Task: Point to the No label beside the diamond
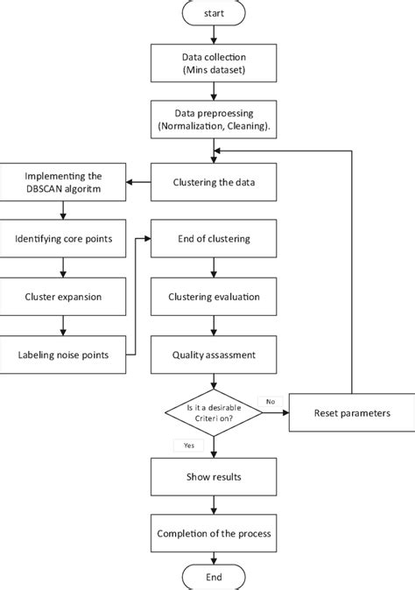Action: pyautogui.click(x=270, y=401)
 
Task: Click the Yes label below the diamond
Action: pyautogui.click(x=189, y=445)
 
